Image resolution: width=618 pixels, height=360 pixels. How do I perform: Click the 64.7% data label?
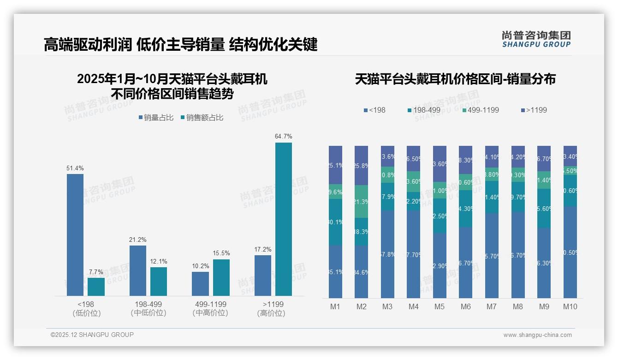(x=283, y=136)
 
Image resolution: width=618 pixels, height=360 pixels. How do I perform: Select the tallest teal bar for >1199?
(x=284, y=219)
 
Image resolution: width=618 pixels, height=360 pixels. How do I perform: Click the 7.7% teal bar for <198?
(x=96, y=287)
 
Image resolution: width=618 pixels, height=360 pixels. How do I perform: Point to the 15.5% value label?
(x=221, y=253)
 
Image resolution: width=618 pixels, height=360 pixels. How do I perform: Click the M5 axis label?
(x=440, y=306)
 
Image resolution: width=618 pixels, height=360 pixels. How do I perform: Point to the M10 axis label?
(x=570, y=306)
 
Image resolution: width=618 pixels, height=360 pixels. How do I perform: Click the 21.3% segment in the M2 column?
(x=362, y=201)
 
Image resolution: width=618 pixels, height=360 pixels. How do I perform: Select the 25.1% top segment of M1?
(x=336, y=165)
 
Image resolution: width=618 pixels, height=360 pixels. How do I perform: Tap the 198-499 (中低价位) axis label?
(x=148, y=308)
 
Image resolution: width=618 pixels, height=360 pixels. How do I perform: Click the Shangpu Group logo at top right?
(x=536, y=39)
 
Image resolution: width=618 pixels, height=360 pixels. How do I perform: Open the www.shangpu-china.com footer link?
(x=537, y=335)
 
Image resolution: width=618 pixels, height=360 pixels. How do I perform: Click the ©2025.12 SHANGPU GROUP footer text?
(x=92, y=335)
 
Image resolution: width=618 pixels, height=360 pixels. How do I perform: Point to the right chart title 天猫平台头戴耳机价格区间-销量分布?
(x=455, y=79)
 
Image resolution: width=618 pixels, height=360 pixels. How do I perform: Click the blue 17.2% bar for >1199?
(x=263, y=275)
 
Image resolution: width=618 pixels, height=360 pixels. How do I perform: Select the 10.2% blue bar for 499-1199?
(x=200, y=283)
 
